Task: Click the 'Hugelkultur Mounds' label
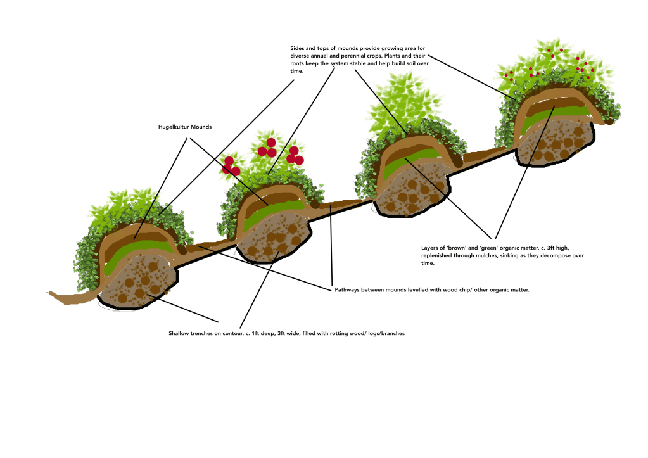185,127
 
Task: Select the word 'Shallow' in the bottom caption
179,333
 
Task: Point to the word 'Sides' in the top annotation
298,48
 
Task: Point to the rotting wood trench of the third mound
412,193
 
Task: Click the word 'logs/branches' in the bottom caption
386,333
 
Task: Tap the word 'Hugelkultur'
174,127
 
